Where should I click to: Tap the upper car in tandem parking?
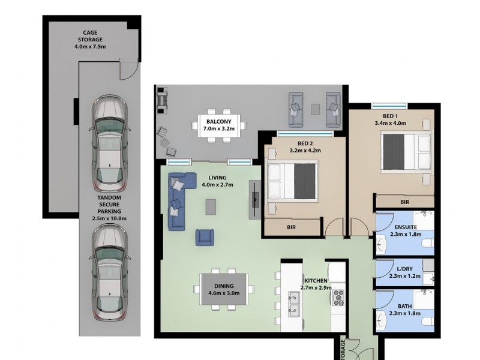109,143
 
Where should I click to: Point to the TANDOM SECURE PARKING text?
109,207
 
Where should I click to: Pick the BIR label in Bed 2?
291,228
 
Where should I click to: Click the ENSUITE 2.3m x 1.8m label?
406,231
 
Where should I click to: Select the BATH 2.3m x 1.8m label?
406,309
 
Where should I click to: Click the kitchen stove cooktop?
338,296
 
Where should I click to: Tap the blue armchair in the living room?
204,237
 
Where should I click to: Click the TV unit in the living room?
256,199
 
